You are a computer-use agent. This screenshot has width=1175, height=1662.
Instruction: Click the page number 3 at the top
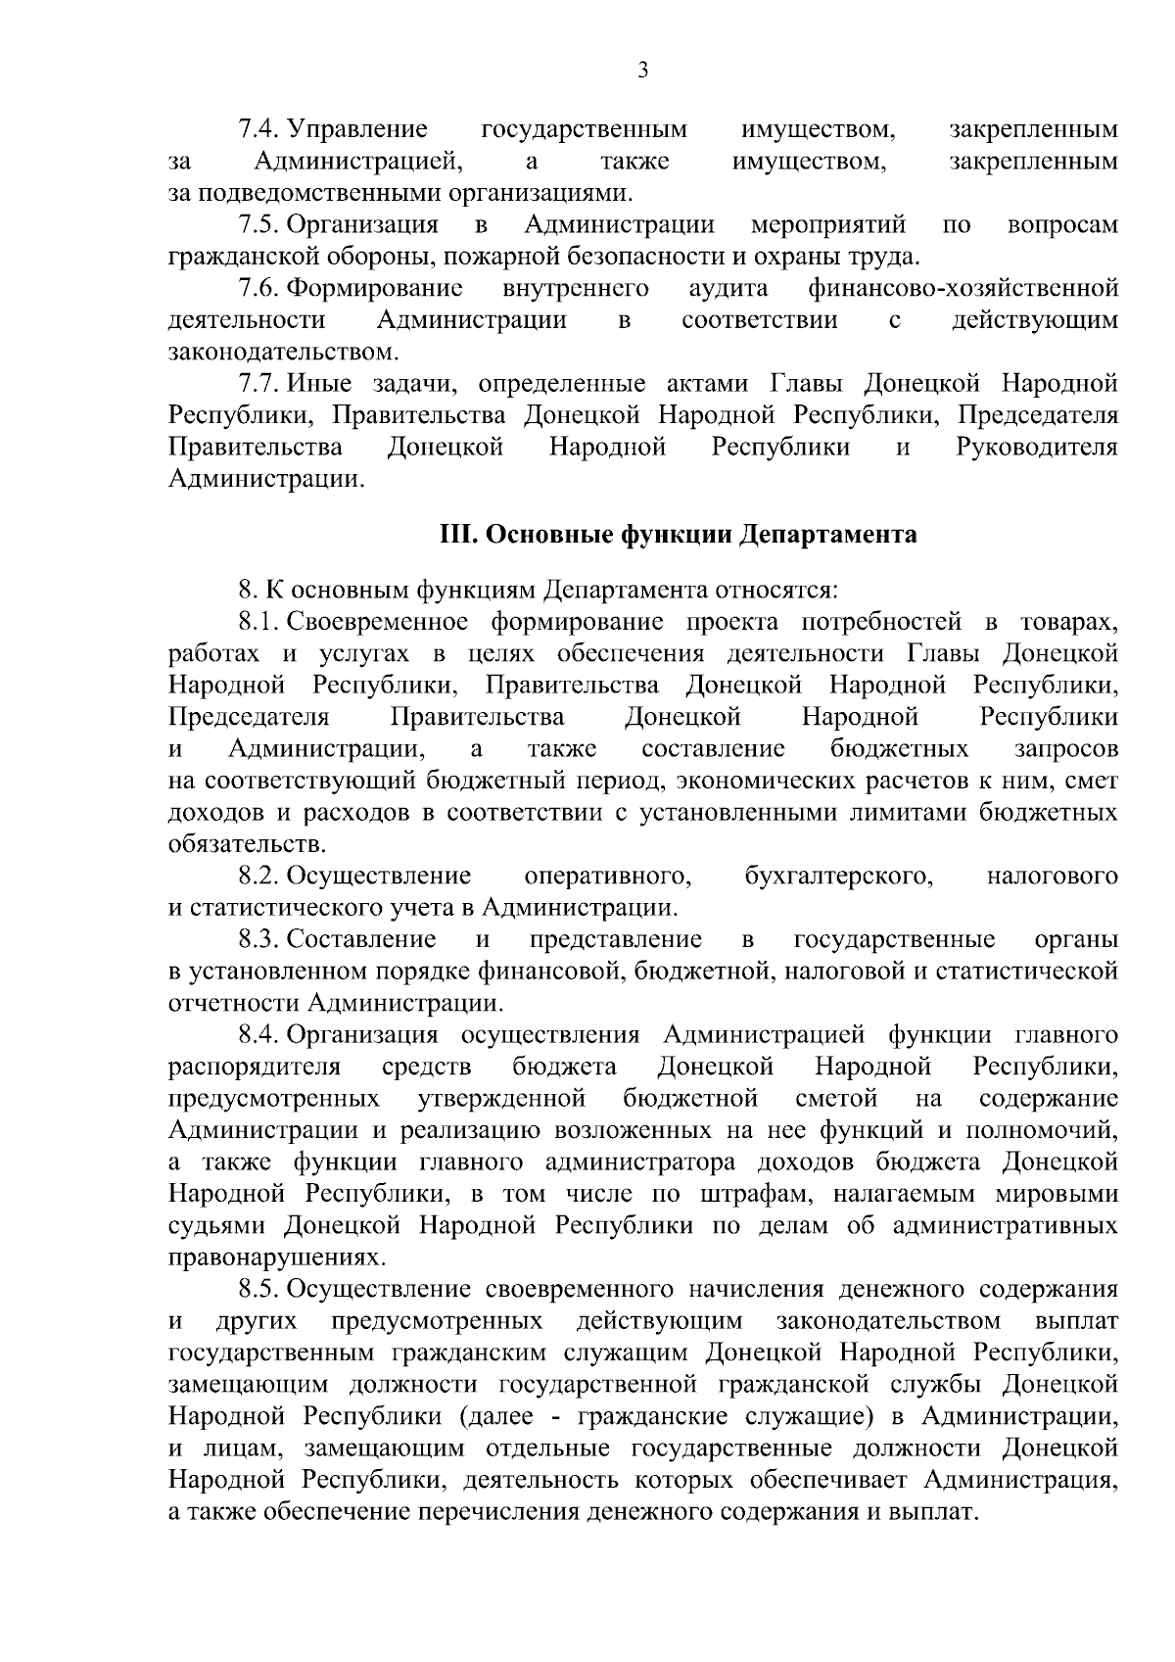click(642, 70)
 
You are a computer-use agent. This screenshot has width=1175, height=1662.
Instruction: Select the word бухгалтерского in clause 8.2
click(838, 876)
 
